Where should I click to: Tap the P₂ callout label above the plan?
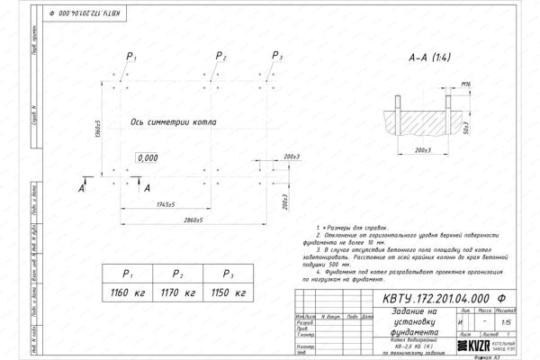[x=221, y=58]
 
